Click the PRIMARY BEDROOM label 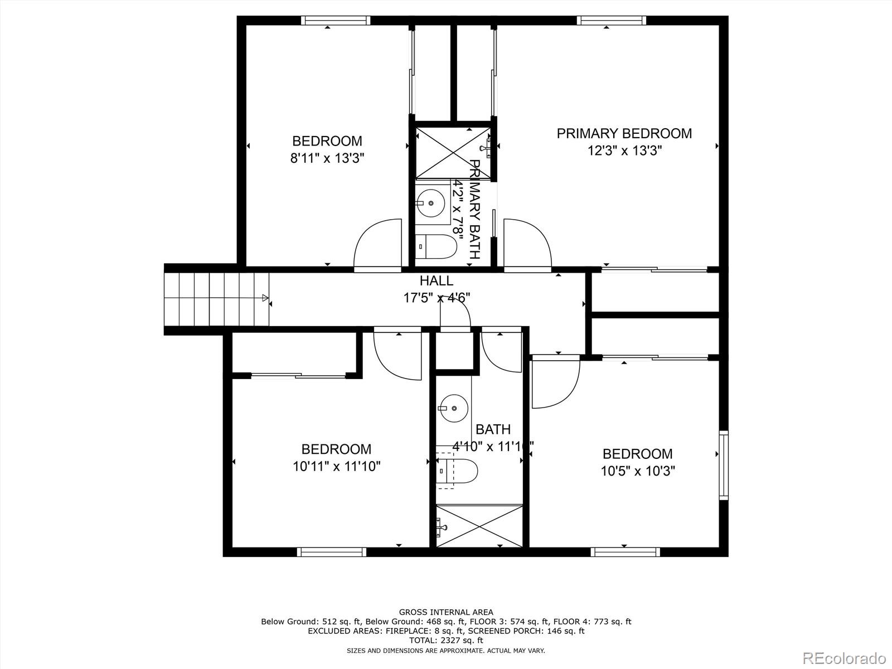(624, 134)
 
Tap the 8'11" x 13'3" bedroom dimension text (327, 158)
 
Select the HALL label (436, 280)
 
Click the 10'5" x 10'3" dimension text (637, 471)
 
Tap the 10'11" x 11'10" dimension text (336, 466)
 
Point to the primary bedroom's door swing (526, 245)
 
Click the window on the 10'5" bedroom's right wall (723, 465)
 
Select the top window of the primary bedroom (611, 21)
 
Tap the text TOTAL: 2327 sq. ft (445, 641)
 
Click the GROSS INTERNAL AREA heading (445, 612)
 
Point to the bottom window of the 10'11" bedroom (331, 552)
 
